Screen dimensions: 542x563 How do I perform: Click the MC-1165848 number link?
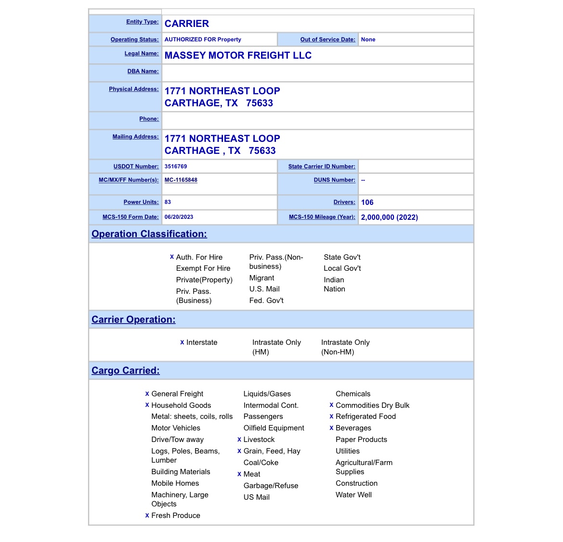pyautogui.click(x=181, y=180)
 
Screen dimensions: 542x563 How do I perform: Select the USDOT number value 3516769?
pyautogui.click(x=176, y=166)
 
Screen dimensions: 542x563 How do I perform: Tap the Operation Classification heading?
pyautogui.click(x=149, y=234)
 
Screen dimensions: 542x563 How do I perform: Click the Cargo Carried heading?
pyautogui.click(x=126, y=371)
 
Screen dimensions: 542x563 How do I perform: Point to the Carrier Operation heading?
pyautogui.click(x=133, y=320)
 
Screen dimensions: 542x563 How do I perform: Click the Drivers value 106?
pyautogui.click(x=367, y=202)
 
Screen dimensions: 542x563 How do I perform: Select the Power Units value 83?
pyautogui.click(x=168, y=202)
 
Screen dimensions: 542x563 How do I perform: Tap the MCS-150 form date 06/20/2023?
pyautogui.click(x=179, y=217)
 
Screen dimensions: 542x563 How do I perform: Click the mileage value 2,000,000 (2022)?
pyautogui.click(x=389, y=217)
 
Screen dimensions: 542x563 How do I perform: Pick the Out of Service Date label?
pyautogui.click(x=327, y=40)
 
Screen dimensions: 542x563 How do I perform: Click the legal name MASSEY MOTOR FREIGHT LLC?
pyautogui.click(x=238, y=56)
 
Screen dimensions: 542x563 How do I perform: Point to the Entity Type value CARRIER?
pyautogui.click(x=187, y=24)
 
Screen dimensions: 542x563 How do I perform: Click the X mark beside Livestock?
pyautogui.click(x=239, y=440)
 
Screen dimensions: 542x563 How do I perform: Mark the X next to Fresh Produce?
pyautogui.click(x=147, y=516)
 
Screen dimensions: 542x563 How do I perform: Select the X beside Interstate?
pyautogui.click(x=182, y=343)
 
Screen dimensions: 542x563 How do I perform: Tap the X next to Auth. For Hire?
pyautogui.click(x=172, y=257)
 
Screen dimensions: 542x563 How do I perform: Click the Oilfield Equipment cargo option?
pyautogui.click(x=274, y=428)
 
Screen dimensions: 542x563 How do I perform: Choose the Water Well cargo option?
pyautogui.click(x=354, y=495)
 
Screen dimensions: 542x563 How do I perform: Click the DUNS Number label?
pyautogui.click(x=334, y=180)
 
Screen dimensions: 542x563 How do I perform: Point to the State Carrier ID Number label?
pyautogui.click(x=322, y=167)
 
